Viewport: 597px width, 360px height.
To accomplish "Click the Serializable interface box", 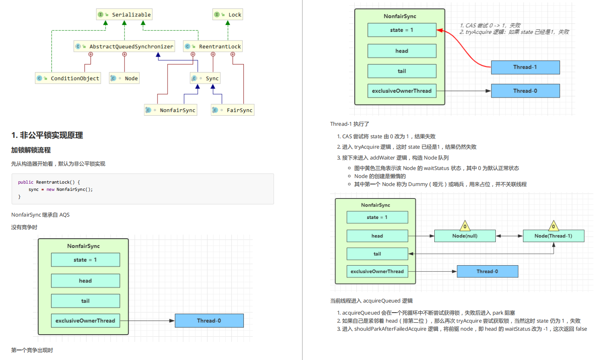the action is click(124, 14).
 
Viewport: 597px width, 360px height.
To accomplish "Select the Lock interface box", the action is click(228, 14).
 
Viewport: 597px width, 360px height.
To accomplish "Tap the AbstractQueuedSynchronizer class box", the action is click(124, 46).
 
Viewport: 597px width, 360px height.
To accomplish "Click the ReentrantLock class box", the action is click(213, 46).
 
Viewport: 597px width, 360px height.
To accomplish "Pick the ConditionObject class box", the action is click(68, 78).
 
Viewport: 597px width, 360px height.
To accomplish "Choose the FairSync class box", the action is click(233, 110).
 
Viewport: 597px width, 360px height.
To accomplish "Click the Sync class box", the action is click(205, 78).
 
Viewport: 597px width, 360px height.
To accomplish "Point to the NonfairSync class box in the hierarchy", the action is click(171, 110).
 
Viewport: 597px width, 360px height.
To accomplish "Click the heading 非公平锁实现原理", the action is click(51, 135).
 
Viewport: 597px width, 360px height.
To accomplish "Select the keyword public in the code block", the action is click(26, 182).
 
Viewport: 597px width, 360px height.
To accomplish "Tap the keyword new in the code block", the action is click(50, 190).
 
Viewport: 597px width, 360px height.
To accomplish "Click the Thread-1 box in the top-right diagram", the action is click(525, 67).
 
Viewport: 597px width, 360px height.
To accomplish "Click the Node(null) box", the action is click(465, 236).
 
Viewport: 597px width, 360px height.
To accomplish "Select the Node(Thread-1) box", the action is click(554, 236).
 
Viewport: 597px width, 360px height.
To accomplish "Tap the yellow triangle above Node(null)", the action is click(465, 226).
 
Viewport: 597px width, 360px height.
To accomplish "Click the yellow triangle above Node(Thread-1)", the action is click(554, 226).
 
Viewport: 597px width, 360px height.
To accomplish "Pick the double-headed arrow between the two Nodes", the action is click(509, 236).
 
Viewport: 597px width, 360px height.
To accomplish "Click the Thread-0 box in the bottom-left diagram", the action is click(209, 321).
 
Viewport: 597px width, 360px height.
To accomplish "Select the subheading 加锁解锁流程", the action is click(31, 150).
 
